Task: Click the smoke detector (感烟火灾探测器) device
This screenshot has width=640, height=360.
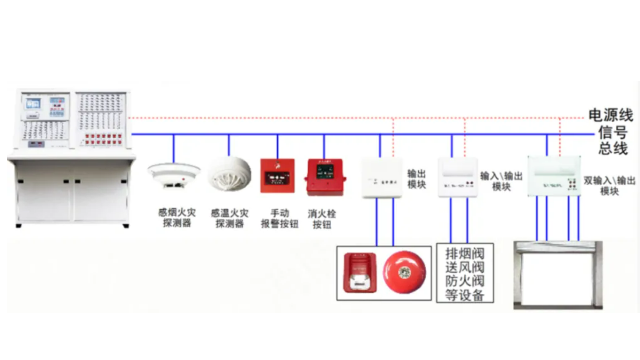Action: coord(174,175)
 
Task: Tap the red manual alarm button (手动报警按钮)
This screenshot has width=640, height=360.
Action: coord(277,176)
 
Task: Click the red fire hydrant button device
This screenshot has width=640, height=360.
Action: coord(325,176)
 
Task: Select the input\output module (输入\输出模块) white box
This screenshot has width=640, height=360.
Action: coord(458,177)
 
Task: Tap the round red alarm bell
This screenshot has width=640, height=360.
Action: coord(404,272)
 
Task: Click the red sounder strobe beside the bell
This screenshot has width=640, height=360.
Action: coord(360,273)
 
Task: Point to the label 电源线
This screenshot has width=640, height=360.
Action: coord(610,115)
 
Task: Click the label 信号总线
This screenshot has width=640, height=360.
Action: coord(612,140)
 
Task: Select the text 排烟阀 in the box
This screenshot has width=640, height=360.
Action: coord(465,254)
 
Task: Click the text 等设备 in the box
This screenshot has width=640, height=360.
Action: coord(465,295)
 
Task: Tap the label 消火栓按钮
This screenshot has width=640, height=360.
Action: coord(321,219)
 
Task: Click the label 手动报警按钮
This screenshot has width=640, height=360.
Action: coord(279,218)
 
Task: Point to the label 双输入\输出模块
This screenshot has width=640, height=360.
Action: coord(609,185)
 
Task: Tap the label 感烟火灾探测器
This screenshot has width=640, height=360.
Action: coord(177,217)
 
